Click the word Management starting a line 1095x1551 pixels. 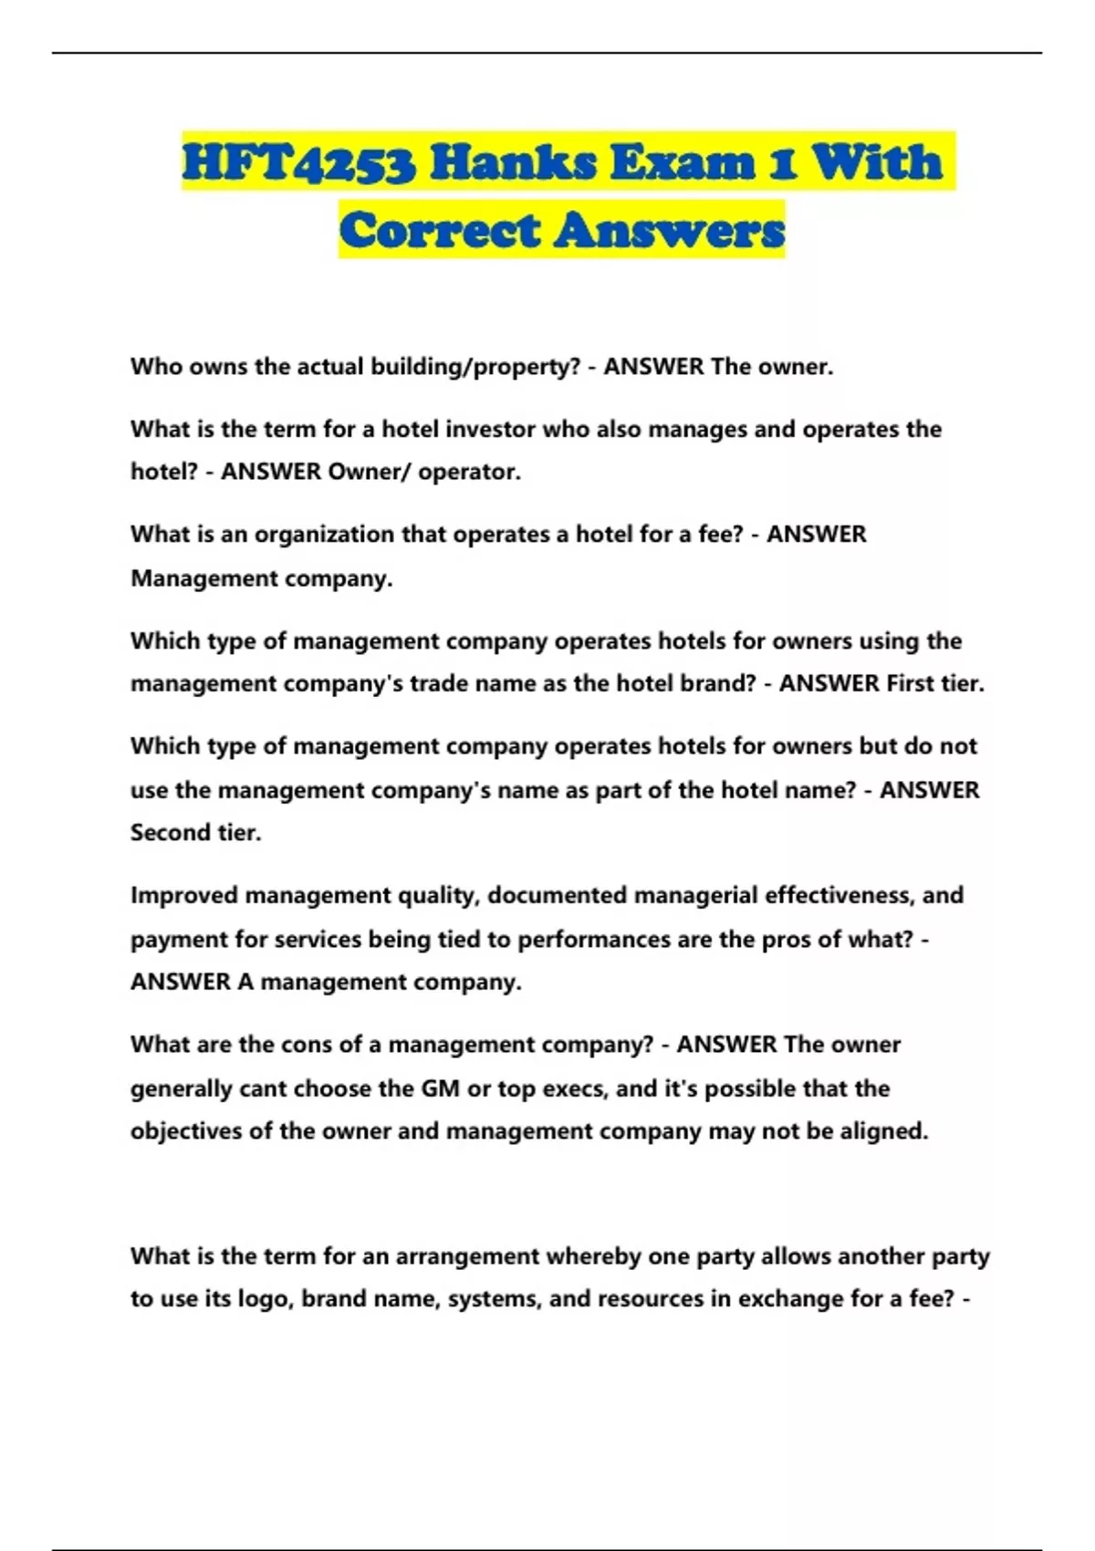tap(203, 578)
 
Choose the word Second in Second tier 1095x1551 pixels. tap(170, 832)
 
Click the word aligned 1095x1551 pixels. tap(883, 1131)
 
